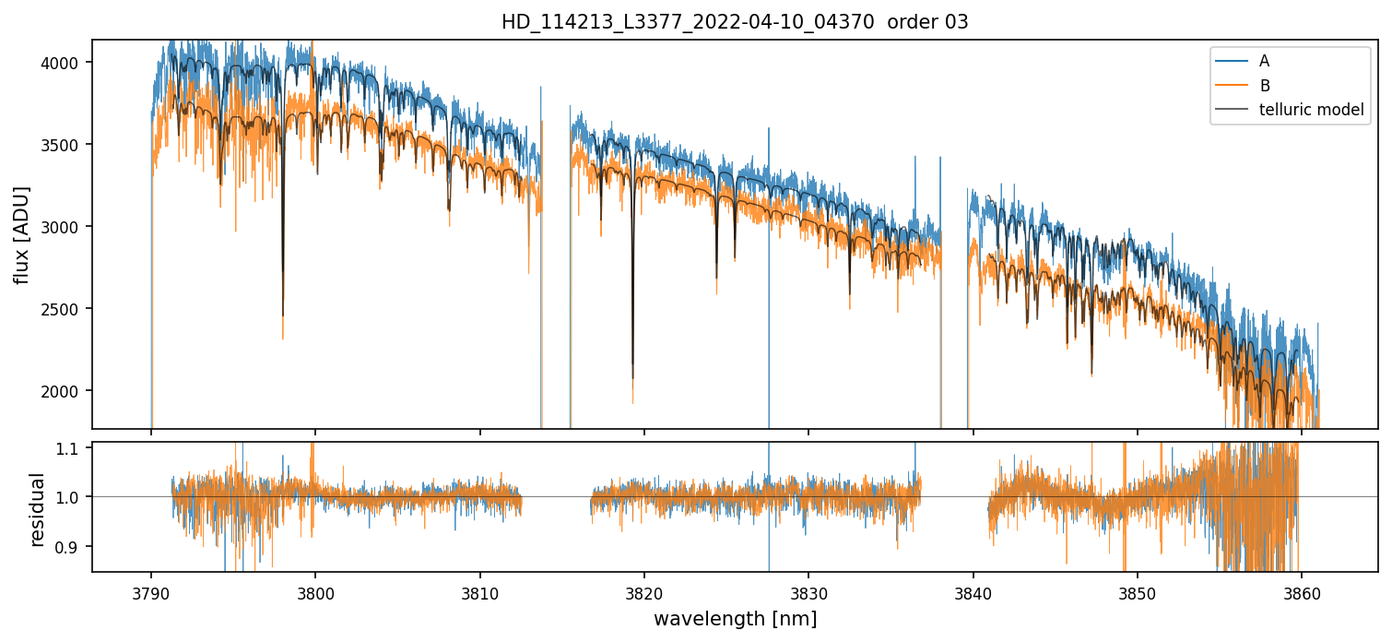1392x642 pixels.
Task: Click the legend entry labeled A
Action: pos(1264,61)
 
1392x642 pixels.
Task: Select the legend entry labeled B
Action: pos(1264,86)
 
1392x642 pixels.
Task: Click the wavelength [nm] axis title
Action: pos(735,618)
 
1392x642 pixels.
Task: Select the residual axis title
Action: pos(38,509)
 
